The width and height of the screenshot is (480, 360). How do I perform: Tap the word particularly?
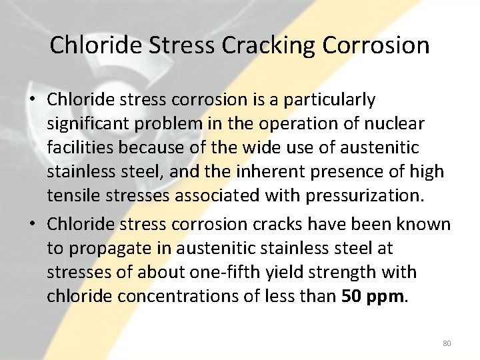point(329,100)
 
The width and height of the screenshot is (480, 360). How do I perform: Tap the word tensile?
point(69,195)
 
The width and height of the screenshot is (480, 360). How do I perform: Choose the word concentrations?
point(160,296)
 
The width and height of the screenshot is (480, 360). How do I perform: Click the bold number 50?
point(351,296)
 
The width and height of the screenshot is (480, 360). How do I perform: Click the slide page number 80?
point(447,343)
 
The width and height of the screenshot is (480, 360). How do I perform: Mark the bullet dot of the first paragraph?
point(31,101)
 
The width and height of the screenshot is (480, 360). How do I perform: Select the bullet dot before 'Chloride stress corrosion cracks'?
point(31,225)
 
